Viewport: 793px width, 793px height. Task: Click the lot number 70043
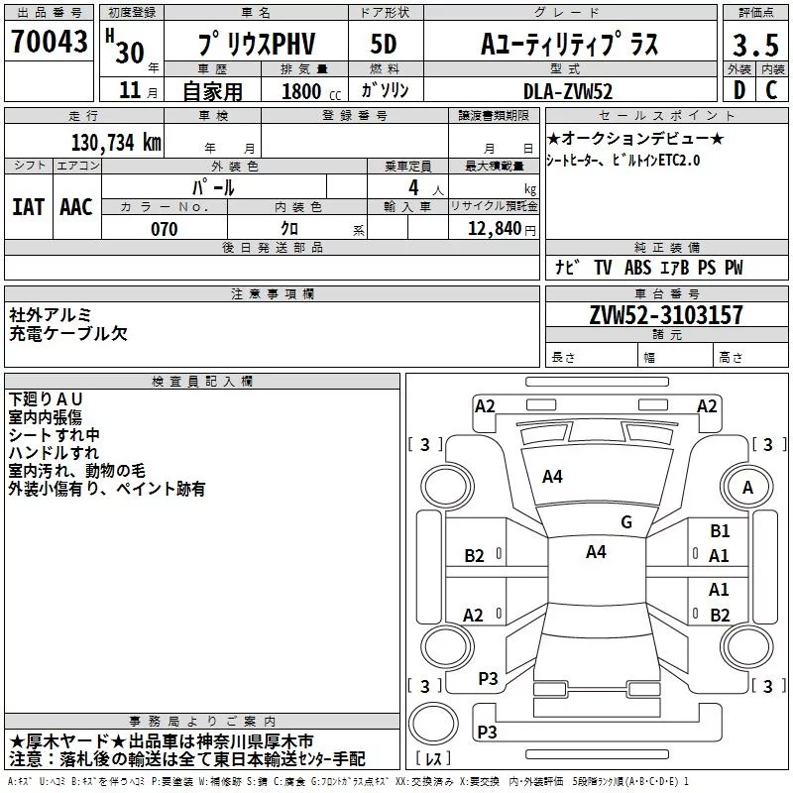[x=49, y=41]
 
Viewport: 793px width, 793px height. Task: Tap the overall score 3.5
[x=755, y=45]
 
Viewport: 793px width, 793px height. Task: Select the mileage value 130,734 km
[x=116, y=142]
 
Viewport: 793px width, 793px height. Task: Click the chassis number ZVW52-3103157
[x=666, y=314]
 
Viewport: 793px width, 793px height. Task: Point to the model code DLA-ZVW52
[x=567, y=91]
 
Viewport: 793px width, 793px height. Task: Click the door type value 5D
[x=384, y=44]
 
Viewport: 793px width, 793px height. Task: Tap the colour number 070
[x=165, y=229]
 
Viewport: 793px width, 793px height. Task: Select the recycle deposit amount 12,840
[x=495, y=229]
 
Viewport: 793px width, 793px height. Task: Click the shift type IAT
[x=29, y=207]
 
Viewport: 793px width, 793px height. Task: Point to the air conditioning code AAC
[x=76, y=207]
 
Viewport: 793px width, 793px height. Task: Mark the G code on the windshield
[x=626, y=521]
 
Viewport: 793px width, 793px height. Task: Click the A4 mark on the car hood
[x=552, y=477]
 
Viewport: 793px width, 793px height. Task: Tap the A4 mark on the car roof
[x=596, y=552]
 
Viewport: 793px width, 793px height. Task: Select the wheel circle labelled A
[x=747, y=487]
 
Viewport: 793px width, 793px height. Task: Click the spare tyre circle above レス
[x=433, y=724]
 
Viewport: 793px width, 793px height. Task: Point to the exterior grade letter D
[x=739, y=90]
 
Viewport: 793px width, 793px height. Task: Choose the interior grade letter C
[x=771, y=90]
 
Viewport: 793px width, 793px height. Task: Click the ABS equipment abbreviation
[x=637, y=268]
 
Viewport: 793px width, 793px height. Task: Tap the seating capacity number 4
[x=413, y=187]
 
